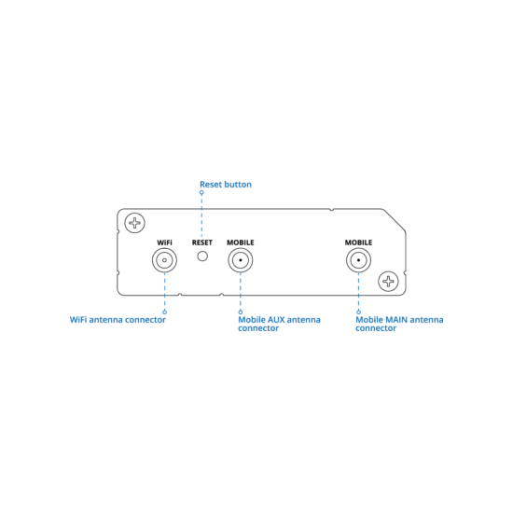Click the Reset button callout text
pyautogui.click(x=226, y=185)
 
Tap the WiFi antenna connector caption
pyautogui.click(x=118, y=320)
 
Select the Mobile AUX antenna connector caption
pyautogui.click(x=279, y=324)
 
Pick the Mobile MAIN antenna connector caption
pyautogui.click(x=399, y=324)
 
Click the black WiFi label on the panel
pyautogui.click(x=164, y=243)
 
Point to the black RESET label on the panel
pyautogui.click(x=202, y=243)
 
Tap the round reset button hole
pyautogui.click(x=202, y=256)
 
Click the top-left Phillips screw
pyautogui.click(x=135, y=223)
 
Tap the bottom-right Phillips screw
pyautogui.click(x=388, y=282)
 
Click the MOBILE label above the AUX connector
pyautogui.click(x=241, y=243)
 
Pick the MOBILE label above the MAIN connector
pyautogui.click(x=358, y=243)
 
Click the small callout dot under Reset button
pyautogui.click(x=201, y=193)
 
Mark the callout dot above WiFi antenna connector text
pyautogui.click(x=164, y=312)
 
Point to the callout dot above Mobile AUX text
pyautogui.click(x=241, y=312)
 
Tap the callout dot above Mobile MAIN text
pyautogui.click(x=358, y=312)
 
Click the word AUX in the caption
pyautogui.click(x=276, y=320)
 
